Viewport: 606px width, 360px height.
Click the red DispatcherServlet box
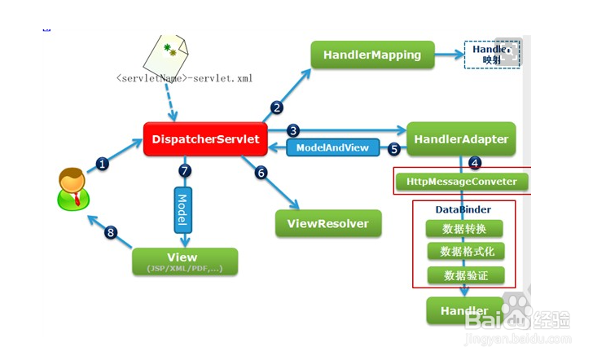pyautogui.click(x=205, y=139)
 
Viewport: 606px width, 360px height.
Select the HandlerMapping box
pyautogui.click(x=371, y=55)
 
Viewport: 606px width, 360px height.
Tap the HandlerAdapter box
pyautogui.click(x=461, y=139)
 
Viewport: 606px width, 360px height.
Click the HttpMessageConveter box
pyautogui.click(x=461, y=181)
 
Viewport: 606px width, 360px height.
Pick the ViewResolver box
pyautogui.click(x=328, y=223)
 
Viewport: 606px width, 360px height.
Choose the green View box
pyautogui.click(x=185, y=261)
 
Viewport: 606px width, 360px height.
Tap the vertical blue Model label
pyautogui.click(x=182, y=209)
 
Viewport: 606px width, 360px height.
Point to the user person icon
pyautogui.click(x=72, y=189)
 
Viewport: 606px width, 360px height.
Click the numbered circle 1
pyautogui.click(x=103, y=163)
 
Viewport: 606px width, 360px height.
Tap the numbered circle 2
pyautogui.click(x=278, y=107)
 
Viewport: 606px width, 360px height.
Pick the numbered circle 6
pyautogui.click(x=261, y=172)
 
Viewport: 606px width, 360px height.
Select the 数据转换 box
pyautogui.click(x=465, y=229)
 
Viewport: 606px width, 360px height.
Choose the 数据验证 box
pyautogui.click(x=465, y=275)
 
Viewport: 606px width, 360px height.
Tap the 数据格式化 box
pyautogui.click(x=465, y=252)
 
